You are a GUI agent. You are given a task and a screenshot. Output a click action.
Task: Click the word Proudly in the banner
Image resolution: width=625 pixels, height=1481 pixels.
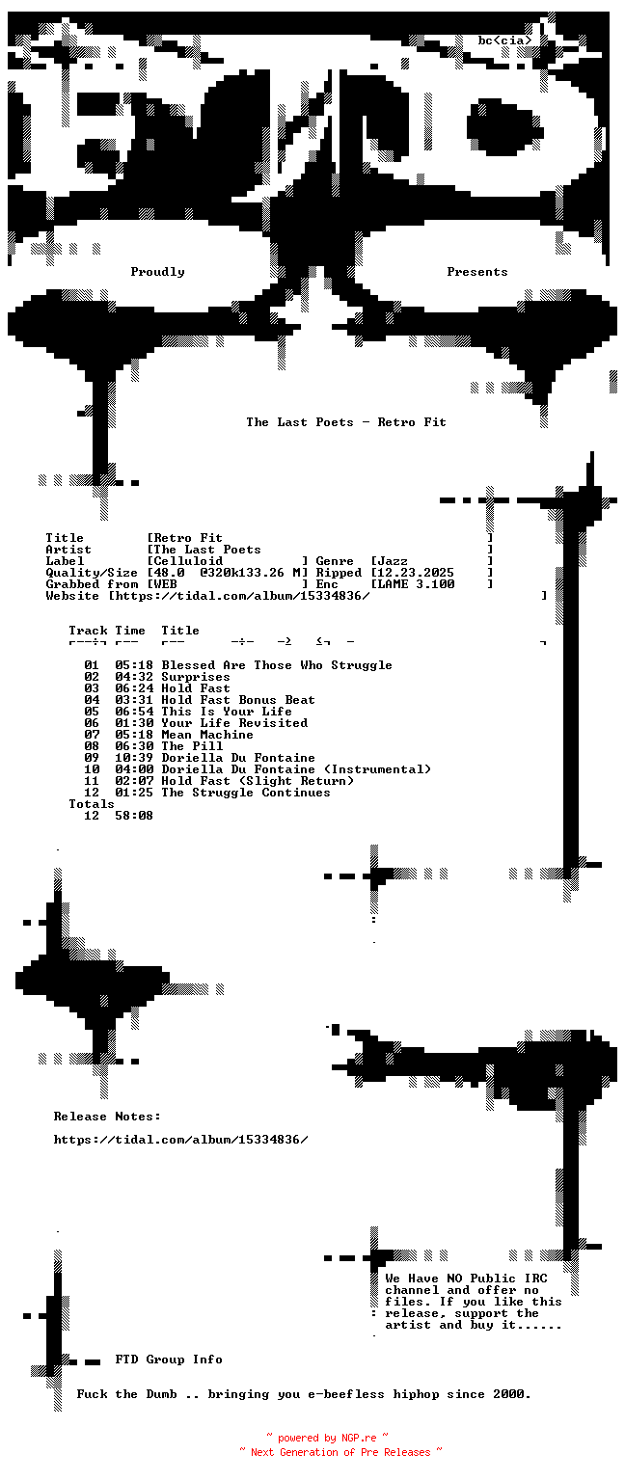[157, 272]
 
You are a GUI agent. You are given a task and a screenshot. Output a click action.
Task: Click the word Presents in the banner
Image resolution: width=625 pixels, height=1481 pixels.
[476, 272]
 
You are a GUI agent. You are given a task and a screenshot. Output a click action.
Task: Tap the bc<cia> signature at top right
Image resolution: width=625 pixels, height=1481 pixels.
[505, 40]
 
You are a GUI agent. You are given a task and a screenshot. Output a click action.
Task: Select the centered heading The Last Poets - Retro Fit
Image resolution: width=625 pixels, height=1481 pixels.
[346, 421]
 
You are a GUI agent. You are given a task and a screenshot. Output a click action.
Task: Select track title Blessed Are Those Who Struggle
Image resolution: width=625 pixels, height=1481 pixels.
[277, 665]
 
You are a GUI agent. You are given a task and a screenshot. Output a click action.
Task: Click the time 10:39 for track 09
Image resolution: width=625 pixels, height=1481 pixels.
[134, 758]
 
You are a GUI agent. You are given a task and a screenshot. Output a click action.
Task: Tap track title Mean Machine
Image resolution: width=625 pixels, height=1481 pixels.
[207, 735]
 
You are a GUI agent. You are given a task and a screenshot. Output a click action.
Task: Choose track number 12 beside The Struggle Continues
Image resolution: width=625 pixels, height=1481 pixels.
[92, 792]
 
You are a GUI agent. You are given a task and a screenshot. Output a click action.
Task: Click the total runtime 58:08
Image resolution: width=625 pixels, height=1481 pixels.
[134, 815]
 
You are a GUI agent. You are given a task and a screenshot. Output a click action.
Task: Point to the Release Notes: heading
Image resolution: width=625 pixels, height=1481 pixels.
[107, 1116]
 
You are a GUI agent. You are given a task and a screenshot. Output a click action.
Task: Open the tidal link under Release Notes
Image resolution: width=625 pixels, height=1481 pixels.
[180, 1139]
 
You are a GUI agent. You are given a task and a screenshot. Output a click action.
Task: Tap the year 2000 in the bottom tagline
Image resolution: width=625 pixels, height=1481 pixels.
[508, 1393]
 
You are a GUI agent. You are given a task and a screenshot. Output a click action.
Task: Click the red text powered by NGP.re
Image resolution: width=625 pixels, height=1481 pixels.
[327, 1438]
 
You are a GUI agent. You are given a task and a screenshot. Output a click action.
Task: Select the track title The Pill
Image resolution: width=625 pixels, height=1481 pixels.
[192, 745]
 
